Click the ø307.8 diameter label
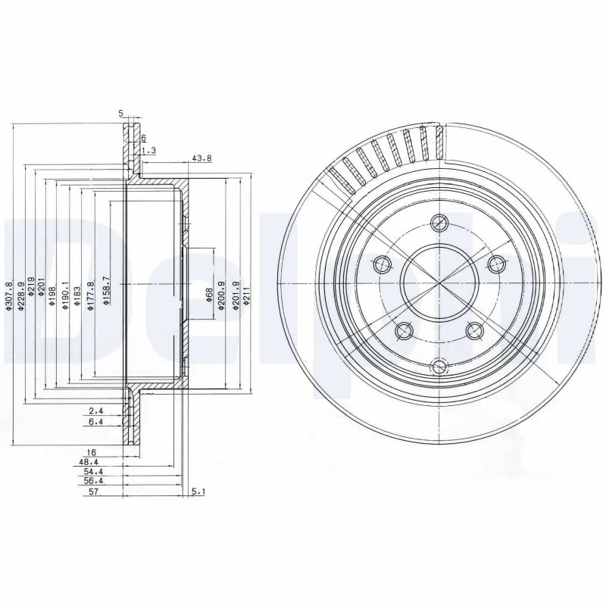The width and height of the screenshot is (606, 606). pyautogui.click(x=9, y=293)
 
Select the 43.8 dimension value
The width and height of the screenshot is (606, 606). pyautogui.click(x=200, y=158)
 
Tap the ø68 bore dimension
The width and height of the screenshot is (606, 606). pyautogui.click(x=208, y=298)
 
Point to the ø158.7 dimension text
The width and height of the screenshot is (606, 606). pyautogui.click(x=107, y=290)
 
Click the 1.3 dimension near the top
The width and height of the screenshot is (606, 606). pyautogui.click(x=148, y=151)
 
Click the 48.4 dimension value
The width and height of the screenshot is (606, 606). pyautogui.click(x=87, y=461)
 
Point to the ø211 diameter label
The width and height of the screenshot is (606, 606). pyautogui.click(x=246, y=296)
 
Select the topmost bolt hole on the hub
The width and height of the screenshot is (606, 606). pyautogui.click(x=439, y=223)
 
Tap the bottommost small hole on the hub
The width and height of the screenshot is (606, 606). pyautogui.click(x=438, y=367)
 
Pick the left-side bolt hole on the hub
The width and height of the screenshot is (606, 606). pyautogui.click(x=382, y=264)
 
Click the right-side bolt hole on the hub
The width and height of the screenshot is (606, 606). pyautogui.click(x=496, y=263)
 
